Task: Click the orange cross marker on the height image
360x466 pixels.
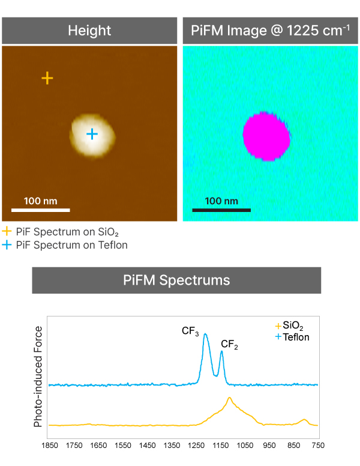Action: pyautogui.click(x=47, y=77)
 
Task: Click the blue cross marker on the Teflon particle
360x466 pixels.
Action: pyautogui.click(x=92, y=134)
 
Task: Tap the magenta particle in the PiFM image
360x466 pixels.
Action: pyautogui.click(x=266, y=136)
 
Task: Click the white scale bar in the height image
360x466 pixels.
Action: pyautogui.click(x=41, y=210)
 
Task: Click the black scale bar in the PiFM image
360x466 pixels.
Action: pyautogui.click(x=221, y=210)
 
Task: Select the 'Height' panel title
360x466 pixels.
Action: pyautogui.click(x=89, y=31)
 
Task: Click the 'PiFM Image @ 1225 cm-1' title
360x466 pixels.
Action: pyautogui.click(x=270, y=31)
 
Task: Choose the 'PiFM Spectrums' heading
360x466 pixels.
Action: pyautogui.click(x=176, y=280)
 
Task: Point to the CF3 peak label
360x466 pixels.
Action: pyautogui.click(x=190, y=331)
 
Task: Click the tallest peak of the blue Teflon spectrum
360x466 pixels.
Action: pyautogui.click(x=205, y=334)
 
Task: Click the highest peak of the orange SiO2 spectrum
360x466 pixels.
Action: pyautogui.click(x=229, y=398)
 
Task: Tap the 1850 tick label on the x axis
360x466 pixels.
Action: pyautogui.click(x=49, y=446)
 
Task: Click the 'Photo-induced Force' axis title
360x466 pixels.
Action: pyautogui.click(x=38, y=376)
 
